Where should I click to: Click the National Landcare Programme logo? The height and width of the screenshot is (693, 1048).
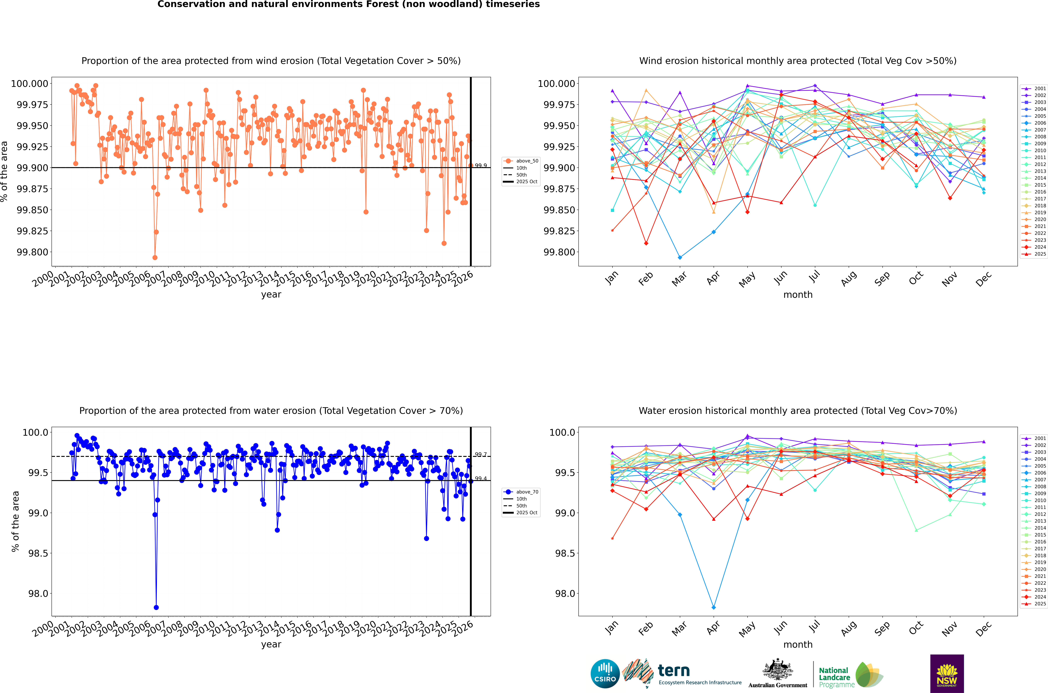[x=850, y=675]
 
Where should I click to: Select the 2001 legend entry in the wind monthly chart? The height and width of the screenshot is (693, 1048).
[x=1033, y=88]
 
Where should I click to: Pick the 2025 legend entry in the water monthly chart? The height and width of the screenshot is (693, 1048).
[x=1033, y=604]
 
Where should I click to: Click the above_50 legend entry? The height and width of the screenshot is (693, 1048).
[x=521, y=161]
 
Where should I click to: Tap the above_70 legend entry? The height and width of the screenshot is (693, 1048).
[x=521, y=492]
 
